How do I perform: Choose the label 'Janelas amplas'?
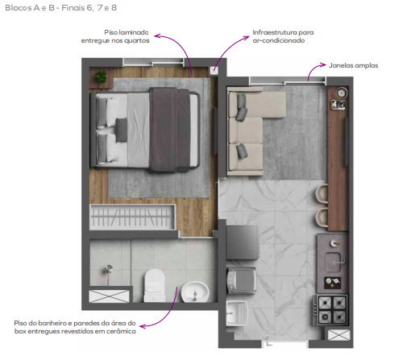(x=353, y=65)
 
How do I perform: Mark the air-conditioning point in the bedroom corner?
(x=214, y=71)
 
